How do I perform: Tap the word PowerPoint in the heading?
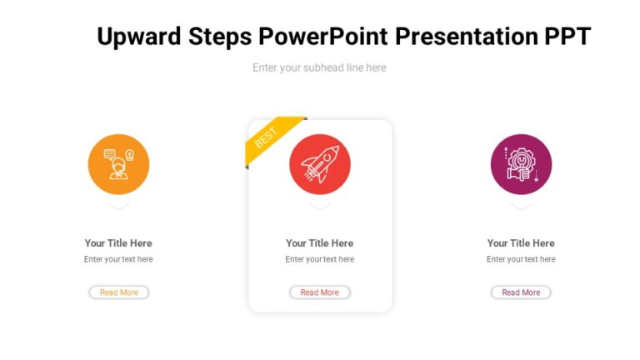(323, 37)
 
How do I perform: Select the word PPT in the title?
(567, 37)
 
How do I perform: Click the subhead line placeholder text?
(319, 67)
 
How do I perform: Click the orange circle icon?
(118, 164)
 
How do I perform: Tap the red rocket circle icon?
(320, 164)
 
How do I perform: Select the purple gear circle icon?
(521, 164)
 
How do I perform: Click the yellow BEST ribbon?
(271, 137)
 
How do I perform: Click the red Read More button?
(320, 292)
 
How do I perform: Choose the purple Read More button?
(521, 292)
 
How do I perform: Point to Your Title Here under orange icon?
(118, 243)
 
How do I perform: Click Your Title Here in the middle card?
(320, 243)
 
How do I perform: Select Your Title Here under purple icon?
(521, 243)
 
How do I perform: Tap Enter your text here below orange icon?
(118, 259)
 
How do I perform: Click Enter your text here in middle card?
(320, 259)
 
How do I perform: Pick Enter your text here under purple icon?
(521, 259)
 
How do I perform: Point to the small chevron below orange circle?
(118, 206)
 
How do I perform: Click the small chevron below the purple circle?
(521, 206)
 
